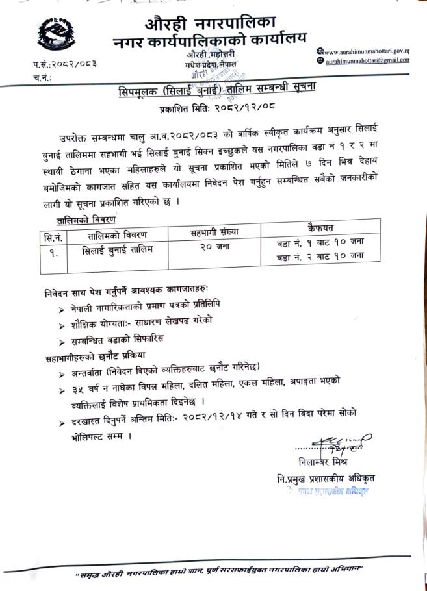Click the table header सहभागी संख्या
[214, 230]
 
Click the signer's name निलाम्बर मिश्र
[325, 463]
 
